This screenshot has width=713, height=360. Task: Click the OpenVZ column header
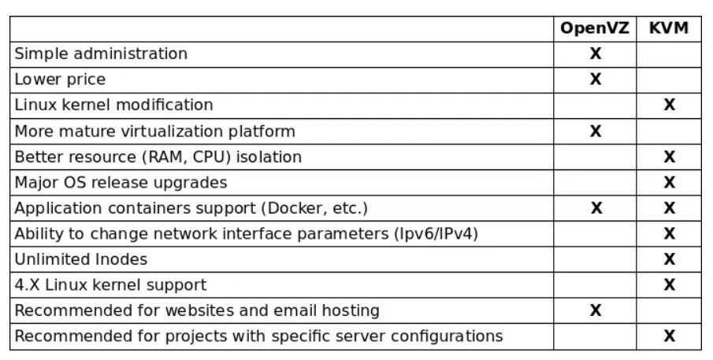pos(596,28)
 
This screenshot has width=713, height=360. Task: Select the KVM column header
pos(669,28)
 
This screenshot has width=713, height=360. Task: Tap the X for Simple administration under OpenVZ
pos(596,54)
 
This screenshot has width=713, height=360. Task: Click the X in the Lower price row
pos(596,79)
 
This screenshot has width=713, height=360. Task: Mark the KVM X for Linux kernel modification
pos(669,105)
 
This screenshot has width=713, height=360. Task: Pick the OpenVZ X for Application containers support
pos(596,208)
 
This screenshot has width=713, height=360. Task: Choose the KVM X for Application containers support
pos(669,208)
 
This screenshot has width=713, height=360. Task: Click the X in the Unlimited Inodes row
pos(669,259)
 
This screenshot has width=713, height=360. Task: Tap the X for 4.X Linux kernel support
pos(669,284)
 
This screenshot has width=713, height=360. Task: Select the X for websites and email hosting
pos(596,310)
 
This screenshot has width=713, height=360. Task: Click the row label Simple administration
pos(101,54)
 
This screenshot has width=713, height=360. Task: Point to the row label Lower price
pos(60,80)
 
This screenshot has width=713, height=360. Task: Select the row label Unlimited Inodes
pos(81,259)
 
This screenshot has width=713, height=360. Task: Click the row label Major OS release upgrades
pos(121,183)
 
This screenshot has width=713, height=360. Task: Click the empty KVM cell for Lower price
pos(669,79)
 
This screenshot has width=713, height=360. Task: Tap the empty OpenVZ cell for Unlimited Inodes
pos(596,259)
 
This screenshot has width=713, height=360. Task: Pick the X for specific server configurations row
pos(669,336)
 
